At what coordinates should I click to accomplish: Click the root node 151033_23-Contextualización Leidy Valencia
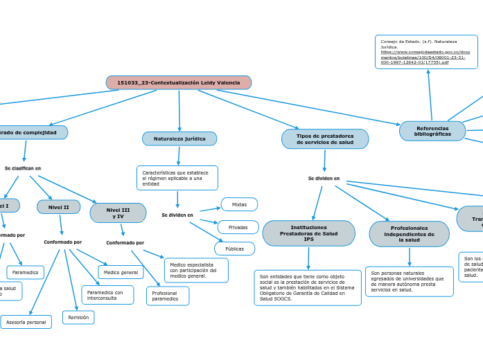(178, 82)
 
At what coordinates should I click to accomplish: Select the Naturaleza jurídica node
(179, 138)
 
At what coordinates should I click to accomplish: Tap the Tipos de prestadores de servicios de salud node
(324, 139)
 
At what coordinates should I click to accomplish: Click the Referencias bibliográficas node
(432, 131)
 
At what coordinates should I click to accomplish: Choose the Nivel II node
(58, 207)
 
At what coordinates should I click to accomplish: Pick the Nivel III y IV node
(118, 213)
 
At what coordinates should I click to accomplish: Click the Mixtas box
(239, 204)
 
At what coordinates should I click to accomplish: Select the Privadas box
(238, 227)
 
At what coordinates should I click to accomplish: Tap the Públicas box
(234, 249)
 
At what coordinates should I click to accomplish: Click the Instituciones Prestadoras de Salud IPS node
(308, 233)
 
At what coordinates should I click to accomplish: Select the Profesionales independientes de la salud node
(409, 234)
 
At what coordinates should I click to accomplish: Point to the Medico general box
(121, 272)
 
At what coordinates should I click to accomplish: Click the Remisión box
(78, 317)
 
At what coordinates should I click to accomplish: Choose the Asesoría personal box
(26, 322)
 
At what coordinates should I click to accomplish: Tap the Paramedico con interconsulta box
(105, 295)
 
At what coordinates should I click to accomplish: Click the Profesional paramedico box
(167, 296)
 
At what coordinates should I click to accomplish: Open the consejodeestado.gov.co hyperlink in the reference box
(425, 57)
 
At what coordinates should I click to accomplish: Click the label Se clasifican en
(23, 168)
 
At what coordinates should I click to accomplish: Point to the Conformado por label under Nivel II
(62, 242)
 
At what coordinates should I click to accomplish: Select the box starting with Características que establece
(177, 178)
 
